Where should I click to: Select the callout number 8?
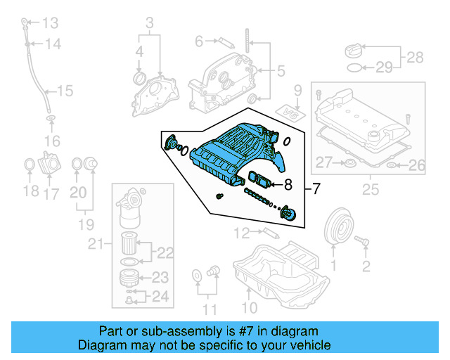288,186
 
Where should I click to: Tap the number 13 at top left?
50,23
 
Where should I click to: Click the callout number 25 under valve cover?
370,189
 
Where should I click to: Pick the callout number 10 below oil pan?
250,307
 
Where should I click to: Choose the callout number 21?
96,244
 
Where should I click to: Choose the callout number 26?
417,166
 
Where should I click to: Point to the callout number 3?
149,24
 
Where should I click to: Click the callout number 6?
199,41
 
